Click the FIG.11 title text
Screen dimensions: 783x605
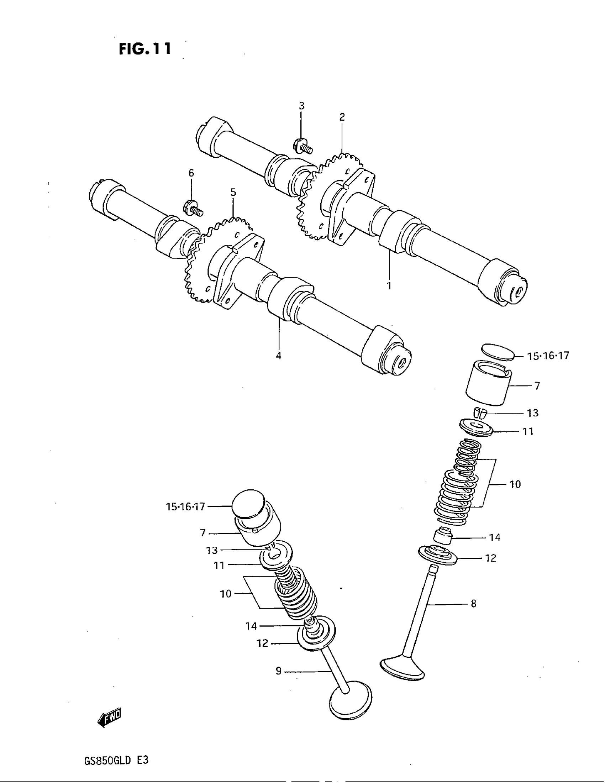(145, 49)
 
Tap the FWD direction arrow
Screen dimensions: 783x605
(109, 718)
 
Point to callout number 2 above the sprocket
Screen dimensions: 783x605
(342, 117)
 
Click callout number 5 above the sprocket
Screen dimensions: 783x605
(233, 192)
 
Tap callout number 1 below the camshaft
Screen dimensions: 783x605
(389, 285)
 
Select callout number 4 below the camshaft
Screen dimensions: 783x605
(279, 356)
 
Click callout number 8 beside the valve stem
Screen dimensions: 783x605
(473, 604)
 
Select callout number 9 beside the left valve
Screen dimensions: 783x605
(279, 671)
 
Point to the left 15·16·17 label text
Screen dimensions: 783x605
(185, 506)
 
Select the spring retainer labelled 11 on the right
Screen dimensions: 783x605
(477, 428)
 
